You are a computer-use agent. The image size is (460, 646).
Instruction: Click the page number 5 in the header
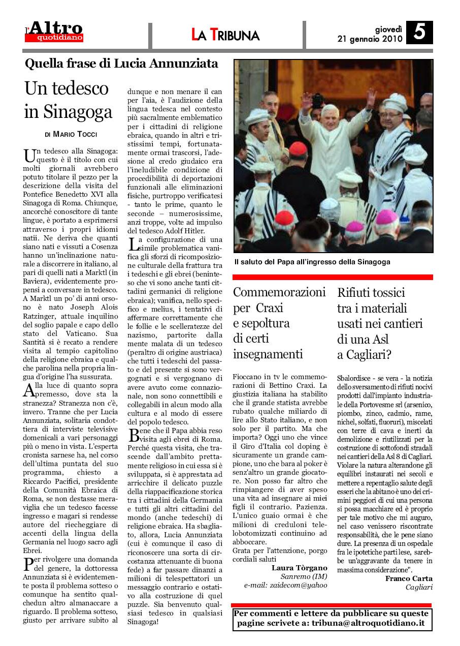coord(419,33)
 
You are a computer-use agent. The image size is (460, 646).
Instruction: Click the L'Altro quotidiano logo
coord(55,32)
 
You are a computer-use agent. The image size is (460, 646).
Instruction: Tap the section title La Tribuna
coord(225,35)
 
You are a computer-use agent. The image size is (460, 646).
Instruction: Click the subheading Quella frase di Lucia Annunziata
coord(122,64)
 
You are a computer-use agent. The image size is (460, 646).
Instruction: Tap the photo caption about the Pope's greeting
coord(312,262)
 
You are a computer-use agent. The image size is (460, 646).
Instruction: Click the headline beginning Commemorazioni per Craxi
coord(279,323)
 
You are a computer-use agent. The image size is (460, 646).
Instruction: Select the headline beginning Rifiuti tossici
coord(380,323)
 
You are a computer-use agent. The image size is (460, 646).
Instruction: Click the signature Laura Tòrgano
coord(300,567)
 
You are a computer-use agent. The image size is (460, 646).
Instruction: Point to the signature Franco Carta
coord(409,578)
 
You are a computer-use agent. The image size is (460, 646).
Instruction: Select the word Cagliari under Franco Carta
coord(419,587)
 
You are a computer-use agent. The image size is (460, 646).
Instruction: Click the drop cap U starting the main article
coord(29,156)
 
